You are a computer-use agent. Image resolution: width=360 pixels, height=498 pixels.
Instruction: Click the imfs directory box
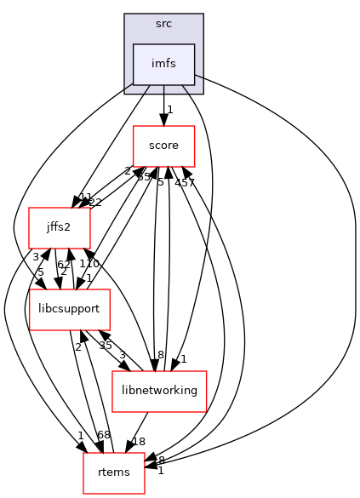tap(163, 64)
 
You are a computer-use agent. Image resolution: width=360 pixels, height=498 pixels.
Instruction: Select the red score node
tap(163, 146)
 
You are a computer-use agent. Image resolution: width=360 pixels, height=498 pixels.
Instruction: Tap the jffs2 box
tap(60, 227)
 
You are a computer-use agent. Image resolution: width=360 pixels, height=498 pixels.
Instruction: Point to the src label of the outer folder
tap(163, 24)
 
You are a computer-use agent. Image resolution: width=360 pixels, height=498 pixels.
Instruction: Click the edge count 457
tap(185, 183)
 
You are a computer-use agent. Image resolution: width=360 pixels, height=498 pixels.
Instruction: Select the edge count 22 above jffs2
tap(95, 201)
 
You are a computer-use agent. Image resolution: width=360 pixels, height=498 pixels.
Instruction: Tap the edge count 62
tap(64, 264)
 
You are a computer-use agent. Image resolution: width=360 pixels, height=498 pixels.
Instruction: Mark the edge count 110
tap(89, 264)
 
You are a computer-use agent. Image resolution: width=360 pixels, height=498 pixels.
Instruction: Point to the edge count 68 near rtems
tap(103, 436)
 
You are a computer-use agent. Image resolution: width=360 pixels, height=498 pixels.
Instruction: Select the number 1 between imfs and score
tap(170, 109)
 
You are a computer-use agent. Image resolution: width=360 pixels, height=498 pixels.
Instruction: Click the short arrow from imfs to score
tap(163, 106)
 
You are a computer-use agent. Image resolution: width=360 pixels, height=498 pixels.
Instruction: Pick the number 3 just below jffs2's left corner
tap(36, 256)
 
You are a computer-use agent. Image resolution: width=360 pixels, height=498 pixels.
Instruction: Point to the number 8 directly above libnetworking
tap(160, 355)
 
